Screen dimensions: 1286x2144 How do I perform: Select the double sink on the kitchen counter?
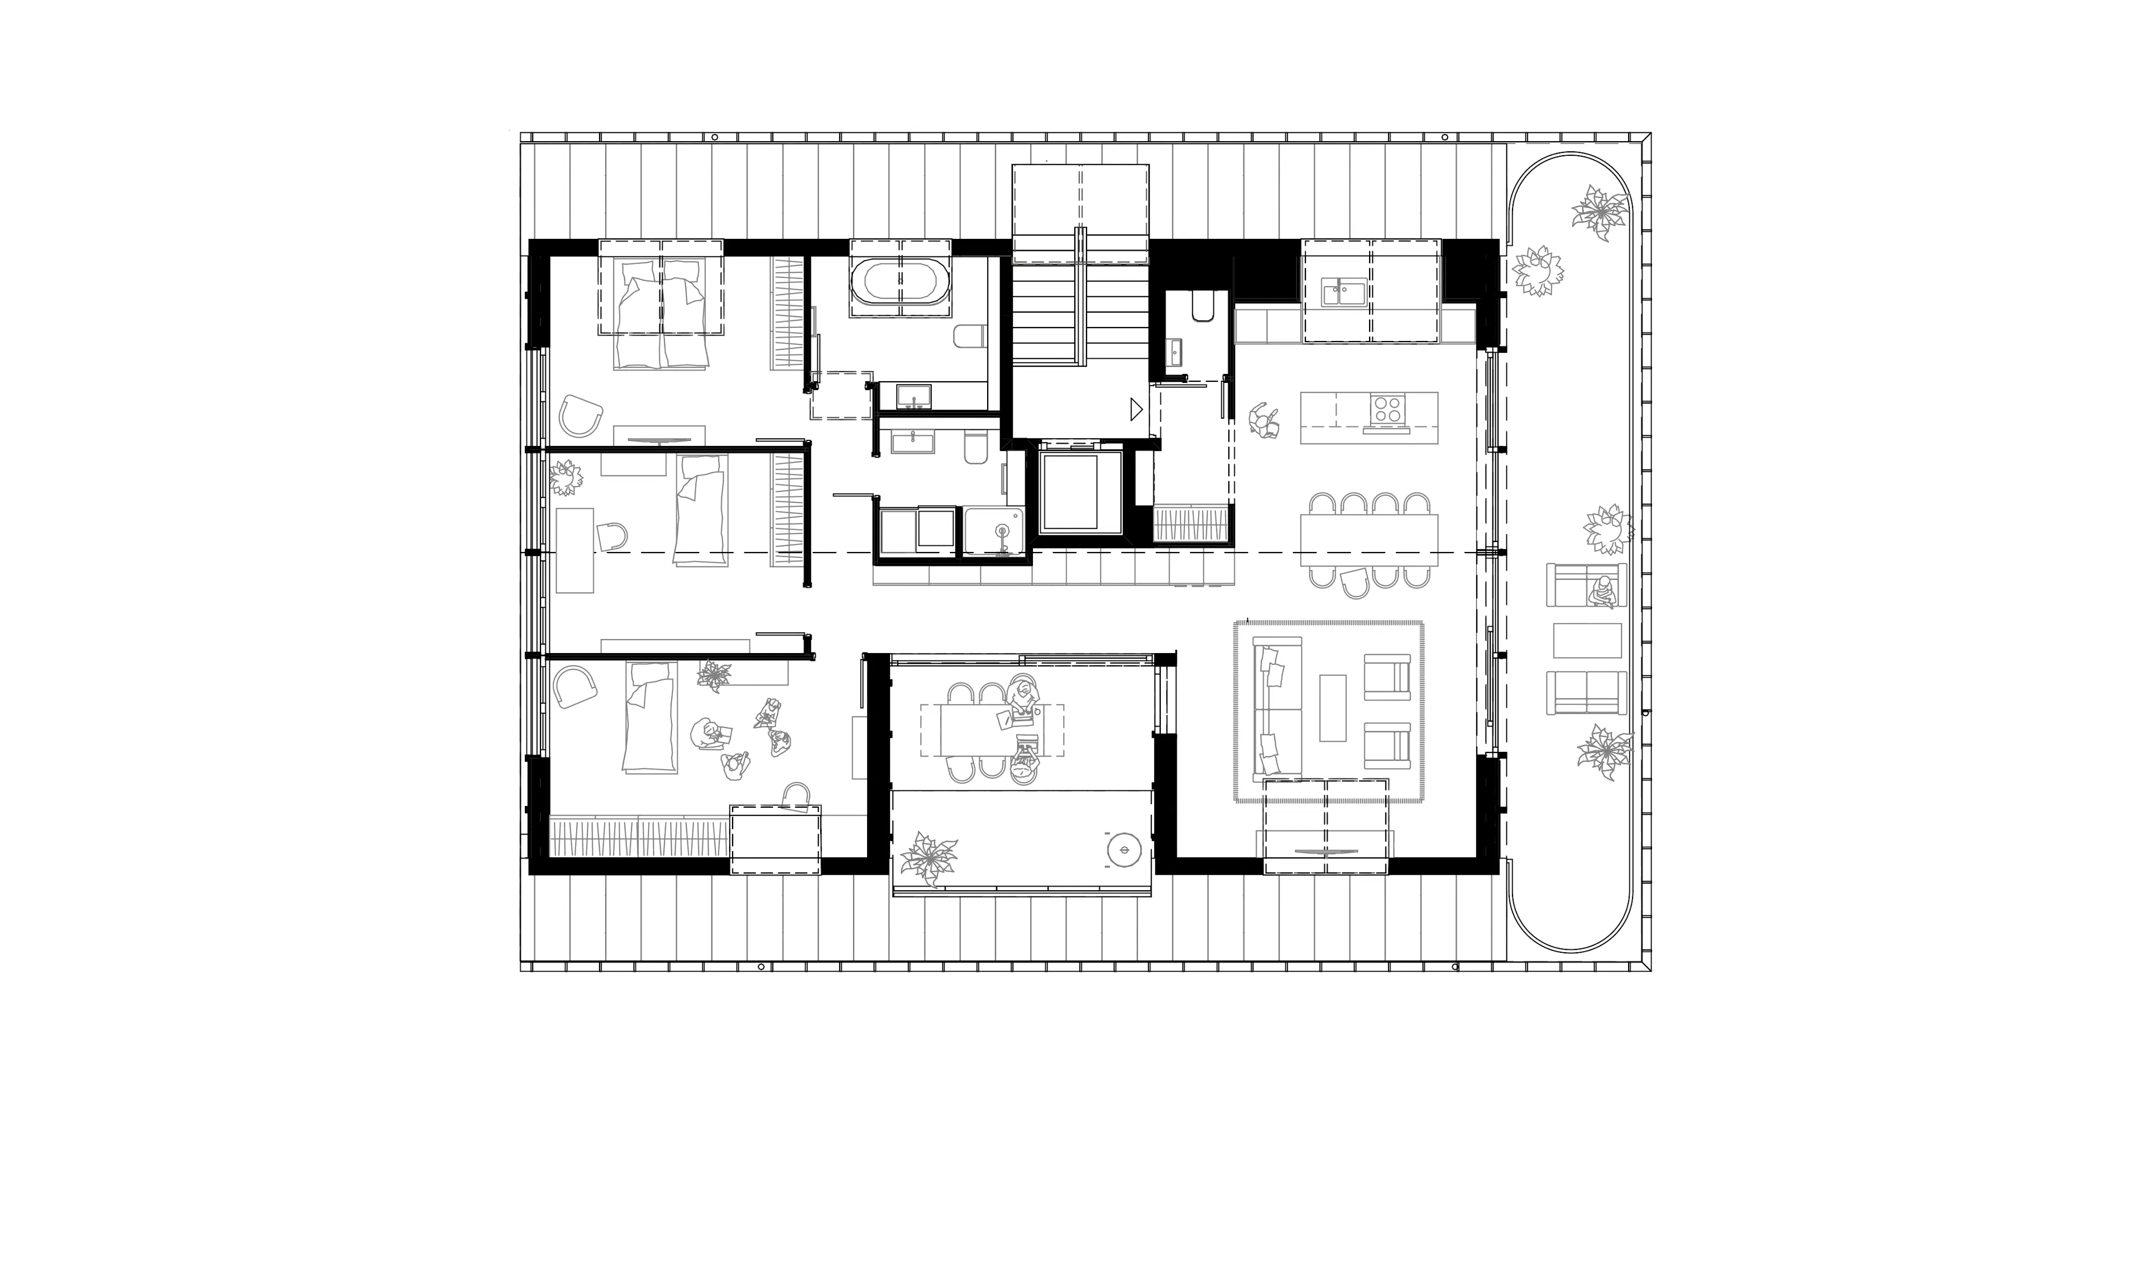(x=1342, y=291)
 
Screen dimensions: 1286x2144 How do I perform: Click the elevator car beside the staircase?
(x=1073, y=491)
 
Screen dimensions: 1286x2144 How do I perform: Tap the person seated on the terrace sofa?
(x=1602, y=592)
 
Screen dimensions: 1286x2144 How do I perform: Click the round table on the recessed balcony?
(x=1124, y=850)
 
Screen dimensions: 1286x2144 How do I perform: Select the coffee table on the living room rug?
(x=1332, y=708)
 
